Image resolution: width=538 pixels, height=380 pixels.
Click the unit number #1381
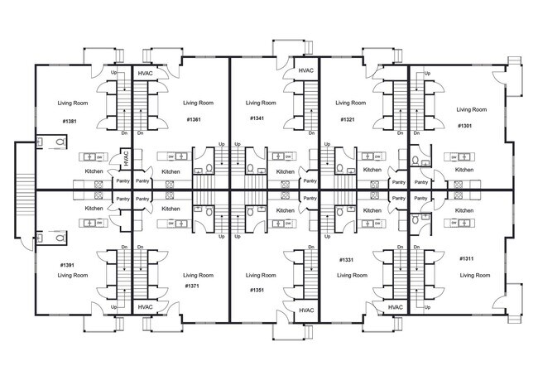(x=69, y=122)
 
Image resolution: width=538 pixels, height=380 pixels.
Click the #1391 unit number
(x=69, y=265)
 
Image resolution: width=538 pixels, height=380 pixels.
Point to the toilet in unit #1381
(x=56, y=142)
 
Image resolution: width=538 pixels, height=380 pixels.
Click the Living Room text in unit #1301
(x=471, y=109)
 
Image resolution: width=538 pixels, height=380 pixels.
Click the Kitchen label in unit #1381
(x=94, y=171)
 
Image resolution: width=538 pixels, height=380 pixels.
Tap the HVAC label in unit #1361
(x=146, y=74)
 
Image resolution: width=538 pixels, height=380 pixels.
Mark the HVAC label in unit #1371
(x=146, y=307)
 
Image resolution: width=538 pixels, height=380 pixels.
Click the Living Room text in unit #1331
(x=350, y=275)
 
